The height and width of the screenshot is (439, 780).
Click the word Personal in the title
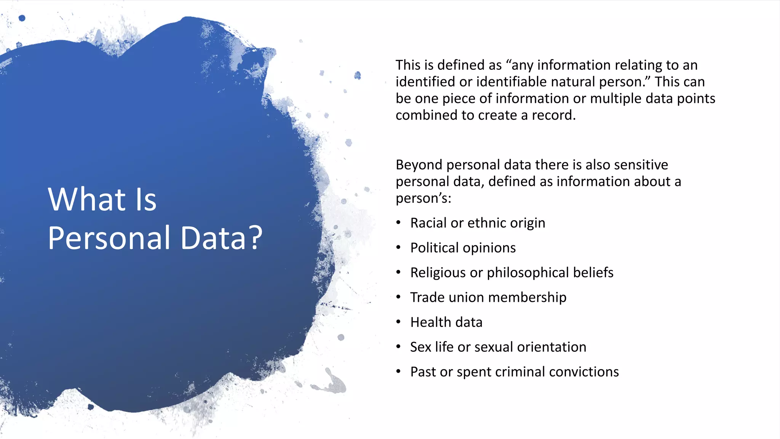point(109,238)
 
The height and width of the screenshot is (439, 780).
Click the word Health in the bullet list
point(430,322)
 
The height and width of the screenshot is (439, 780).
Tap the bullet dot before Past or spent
point(398,371)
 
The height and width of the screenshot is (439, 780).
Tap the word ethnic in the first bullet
point(487,223)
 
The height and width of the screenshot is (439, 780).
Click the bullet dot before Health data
point(398,322)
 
